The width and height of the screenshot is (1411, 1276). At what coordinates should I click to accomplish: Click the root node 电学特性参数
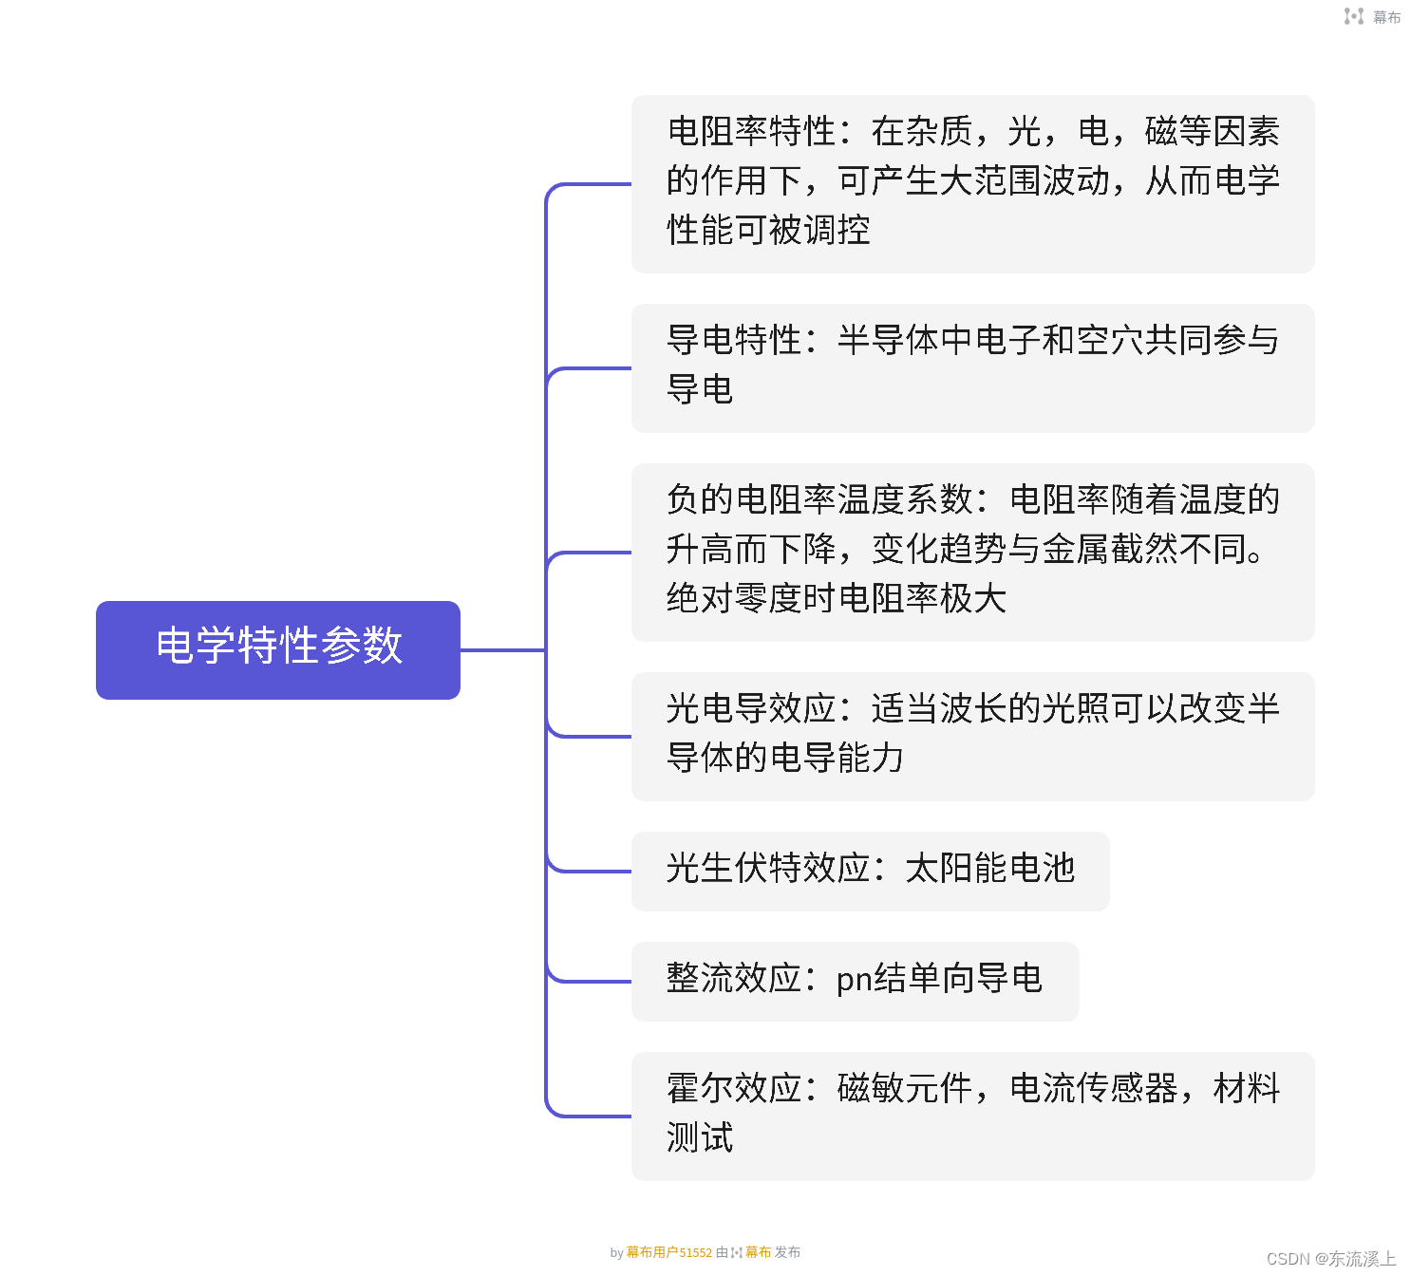(278, 649)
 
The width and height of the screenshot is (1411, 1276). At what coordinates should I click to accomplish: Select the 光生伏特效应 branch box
(870, 871)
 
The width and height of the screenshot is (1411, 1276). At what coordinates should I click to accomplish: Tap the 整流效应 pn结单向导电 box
(855, 981)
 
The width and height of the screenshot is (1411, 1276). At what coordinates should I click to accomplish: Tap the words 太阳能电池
(990, 868)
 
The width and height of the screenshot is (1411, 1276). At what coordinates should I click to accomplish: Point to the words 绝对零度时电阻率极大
(837, 598)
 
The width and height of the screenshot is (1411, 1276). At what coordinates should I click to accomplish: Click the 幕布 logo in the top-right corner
(1373, 17)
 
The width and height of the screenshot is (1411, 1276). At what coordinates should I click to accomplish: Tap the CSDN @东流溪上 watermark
(1331, 1259)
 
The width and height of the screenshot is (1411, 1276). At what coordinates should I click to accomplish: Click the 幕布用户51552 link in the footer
(668, 1252)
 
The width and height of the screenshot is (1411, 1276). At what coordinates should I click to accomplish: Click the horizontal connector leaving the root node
(502, 650)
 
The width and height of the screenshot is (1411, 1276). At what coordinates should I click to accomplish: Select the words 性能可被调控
(768, 230)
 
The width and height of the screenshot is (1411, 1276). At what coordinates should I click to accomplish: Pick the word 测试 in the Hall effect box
(700, 1137)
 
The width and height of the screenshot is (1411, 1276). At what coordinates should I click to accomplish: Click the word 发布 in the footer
(787, 1252)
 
